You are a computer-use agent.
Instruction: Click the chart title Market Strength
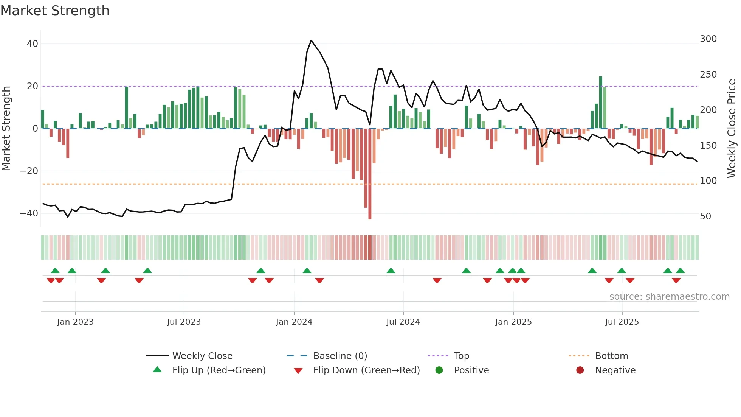tap(55, 11)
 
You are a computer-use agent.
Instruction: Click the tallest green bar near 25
tap(601, 102)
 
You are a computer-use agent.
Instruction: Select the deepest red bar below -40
tap(370, 174)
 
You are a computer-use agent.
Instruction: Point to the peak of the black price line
tap(311, 40)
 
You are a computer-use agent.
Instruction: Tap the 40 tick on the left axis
tap(33, 44)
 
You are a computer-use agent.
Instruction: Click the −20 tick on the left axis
tap(29, 171)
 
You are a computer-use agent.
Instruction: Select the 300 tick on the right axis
tap(708, 39)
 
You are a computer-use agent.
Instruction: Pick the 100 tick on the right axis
tap(708, 181)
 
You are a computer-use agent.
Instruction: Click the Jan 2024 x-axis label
tap(294, 322)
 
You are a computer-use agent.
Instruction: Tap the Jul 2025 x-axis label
tap(622, 322)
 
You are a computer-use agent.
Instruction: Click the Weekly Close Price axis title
tap(732, 129)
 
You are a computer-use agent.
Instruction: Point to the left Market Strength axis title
tap(6, 129)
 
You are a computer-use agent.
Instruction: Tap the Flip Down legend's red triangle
tap(298, 371)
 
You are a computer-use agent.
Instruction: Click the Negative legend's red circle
tap(580, 370)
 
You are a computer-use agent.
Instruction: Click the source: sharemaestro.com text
tap(669, 297)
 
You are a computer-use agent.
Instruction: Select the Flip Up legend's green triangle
tap(157, 370)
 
